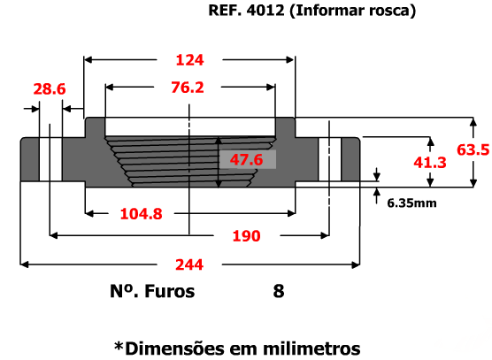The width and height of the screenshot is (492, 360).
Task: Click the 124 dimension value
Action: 190,60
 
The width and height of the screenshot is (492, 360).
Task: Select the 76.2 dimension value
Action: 188,88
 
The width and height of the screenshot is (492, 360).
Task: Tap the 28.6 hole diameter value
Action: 50,89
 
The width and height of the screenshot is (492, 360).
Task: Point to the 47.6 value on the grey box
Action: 246,159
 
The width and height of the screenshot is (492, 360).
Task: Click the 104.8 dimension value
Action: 142,214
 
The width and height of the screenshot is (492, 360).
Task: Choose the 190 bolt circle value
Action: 246,236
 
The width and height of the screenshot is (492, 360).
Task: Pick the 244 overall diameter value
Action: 189,264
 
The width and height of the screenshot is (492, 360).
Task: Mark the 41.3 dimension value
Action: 430,163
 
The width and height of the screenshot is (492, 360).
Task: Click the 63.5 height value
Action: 473,149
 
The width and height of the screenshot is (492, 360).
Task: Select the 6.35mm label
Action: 411,203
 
